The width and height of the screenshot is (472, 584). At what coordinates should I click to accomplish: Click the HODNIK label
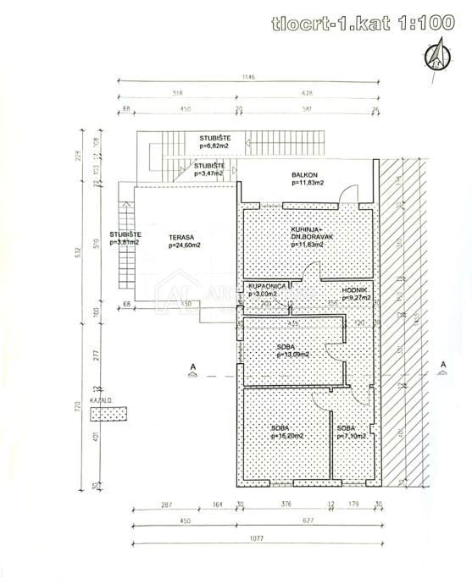pyautogui.click(x=354, y=289)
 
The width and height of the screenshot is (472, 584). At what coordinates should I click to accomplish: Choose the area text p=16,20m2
pyautogui.click(x=286, y=436)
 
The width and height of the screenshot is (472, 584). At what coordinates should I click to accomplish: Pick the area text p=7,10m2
pyautogui.click(x=351, y=436)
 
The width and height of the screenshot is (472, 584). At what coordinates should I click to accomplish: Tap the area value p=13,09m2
pyautogui.click(x=291, y=354)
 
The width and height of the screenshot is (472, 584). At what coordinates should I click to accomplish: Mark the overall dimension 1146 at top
pyautogui.click(x=247, y=78)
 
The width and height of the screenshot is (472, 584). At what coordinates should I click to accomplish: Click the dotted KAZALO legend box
pyautogui.click(x=108, y=413)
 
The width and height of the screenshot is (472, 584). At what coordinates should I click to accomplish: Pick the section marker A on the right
pyautogui.click(x=443, y=366)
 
